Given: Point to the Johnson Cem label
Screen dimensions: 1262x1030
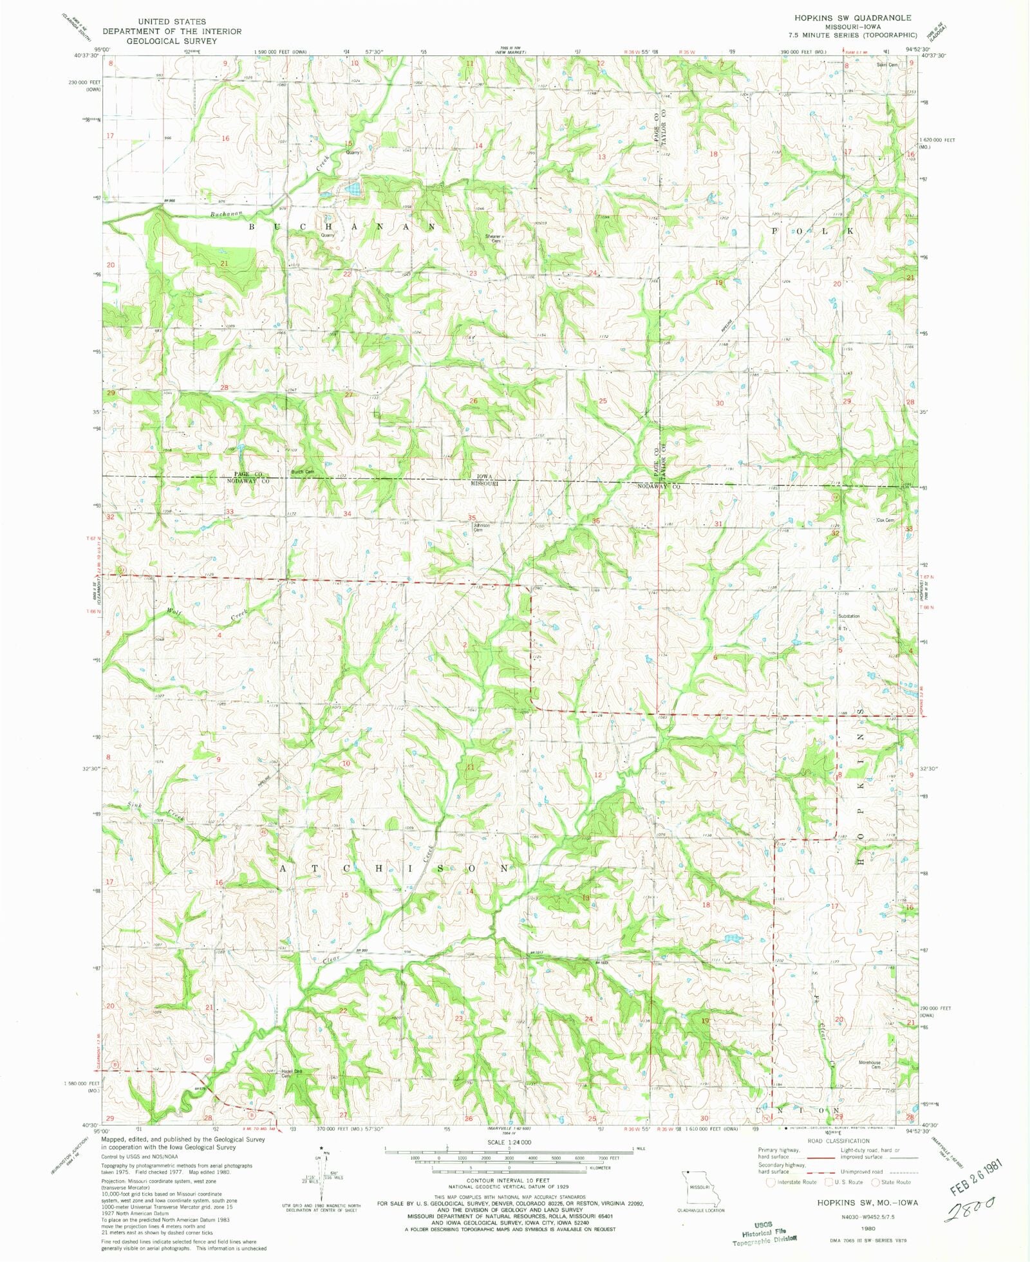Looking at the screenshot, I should [482, 527].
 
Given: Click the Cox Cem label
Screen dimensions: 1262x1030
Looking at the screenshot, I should [885, 520].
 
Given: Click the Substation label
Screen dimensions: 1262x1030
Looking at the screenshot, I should [848, 616].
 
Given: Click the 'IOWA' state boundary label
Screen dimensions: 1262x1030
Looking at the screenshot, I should [484, 477].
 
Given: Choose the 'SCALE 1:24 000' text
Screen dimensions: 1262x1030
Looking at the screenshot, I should [509, 1142].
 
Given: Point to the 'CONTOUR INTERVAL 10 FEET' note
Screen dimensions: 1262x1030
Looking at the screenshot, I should [508, 1180].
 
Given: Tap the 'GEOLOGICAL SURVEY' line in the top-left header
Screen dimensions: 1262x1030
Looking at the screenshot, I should [171, 41].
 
